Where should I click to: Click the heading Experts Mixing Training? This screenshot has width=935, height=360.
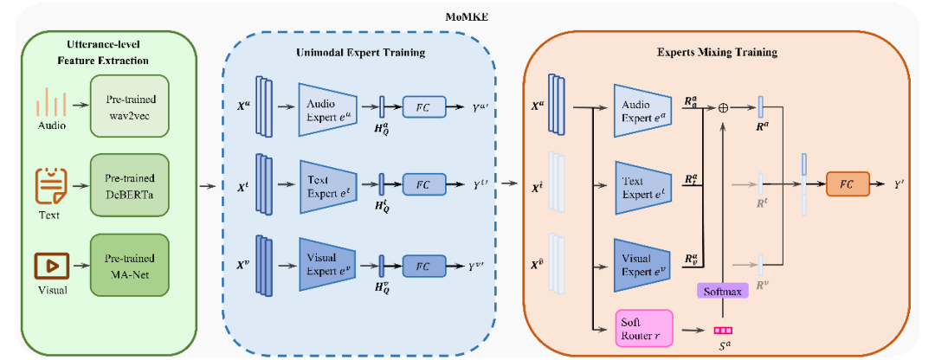click(x=717, y=52)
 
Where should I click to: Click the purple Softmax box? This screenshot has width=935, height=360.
click(x=721, y=292)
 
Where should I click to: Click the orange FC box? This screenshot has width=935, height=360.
click(x=848, y=184)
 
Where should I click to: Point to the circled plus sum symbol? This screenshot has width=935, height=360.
click(x=723, y=107)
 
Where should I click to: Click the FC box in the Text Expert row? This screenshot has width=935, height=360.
click(x=423, y=184)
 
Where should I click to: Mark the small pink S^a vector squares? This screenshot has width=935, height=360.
click(x=722, y=330)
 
